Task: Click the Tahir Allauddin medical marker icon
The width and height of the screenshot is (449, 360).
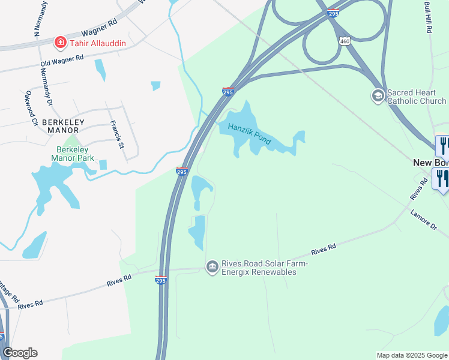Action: (x=60, y=42)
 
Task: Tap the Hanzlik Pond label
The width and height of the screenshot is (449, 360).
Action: (x=245, y=133)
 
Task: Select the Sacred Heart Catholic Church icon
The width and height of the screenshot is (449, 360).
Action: (x=378, y=96)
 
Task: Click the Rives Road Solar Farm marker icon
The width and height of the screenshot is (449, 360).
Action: (x=212, y=266)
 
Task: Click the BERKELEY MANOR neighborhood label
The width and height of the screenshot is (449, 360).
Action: (x=64, y=125)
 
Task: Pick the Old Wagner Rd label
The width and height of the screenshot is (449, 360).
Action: (x=61, y=61)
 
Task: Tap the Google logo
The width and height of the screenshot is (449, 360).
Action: (x=20, y=353)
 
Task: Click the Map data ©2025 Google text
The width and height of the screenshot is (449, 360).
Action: (x=412, y=355)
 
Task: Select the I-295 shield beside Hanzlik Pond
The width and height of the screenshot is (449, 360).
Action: (x=228, y=91)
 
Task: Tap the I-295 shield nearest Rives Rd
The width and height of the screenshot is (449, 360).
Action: (x=161, y=280)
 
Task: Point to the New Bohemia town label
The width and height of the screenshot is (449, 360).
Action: (x=430, y=163)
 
